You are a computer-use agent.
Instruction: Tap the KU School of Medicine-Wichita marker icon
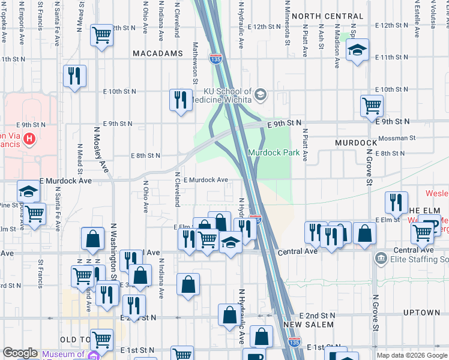tap(261, 94)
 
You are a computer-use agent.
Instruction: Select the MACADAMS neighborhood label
tap(157, 53)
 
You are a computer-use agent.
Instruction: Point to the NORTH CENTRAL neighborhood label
tap(328, 16)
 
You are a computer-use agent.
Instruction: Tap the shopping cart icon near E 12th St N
tap(102, 35)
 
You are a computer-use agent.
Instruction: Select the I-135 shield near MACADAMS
tap(215, 59)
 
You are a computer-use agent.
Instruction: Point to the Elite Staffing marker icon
tap(381, 259)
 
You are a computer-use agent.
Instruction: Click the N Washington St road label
tap(113, 251)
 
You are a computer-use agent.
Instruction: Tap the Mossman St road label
tap(398, 137)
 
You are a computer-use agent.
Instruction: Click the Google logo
tap(20, 353)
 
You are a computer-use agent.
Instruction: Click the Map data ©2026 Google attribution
tap(411, 355)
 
